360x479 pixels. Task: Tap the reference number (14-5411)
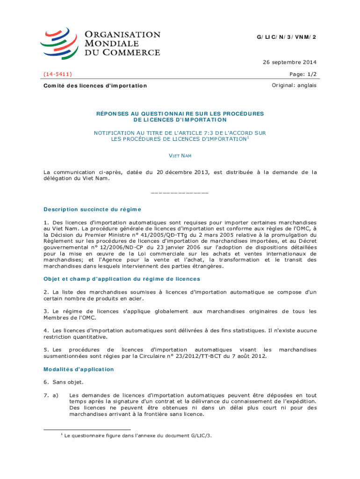pos(58,74)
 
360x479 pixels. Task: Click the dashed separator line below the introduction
pos(180,193)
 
